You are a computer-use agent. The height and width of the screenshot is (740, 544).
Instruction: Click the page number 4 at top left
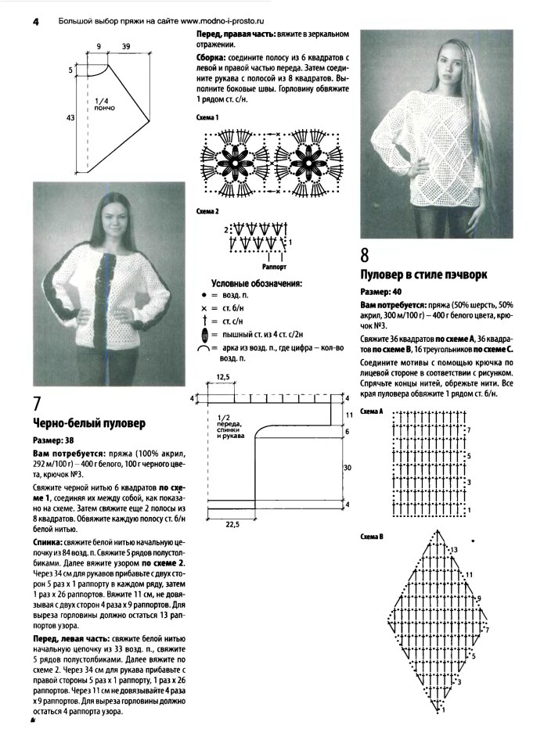(36, 22)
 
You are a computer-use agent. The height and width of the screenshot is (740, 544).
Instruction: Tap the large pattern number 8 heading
(366, 254)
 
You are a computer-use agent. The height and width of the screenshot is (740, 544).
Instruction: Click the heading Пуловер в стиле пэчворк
(423, 275)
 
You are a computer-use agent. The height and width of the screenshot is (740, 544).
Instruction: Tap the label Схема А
(371, 411)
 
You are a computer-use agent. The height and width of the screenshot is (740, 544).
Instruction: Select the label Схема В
(371, 537)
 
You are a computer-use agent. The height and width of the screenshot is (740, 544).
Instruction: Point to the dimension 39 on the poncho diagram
(126, 48)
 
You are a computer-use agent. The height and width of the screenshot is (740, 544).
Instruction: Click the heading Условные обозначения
(257, 283)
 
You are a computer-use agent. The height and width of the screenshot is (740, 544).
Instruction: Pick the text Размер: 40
(386, 290)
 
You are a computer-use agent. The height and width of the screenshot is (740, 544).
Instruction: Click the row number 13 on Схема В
(453, 551)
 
